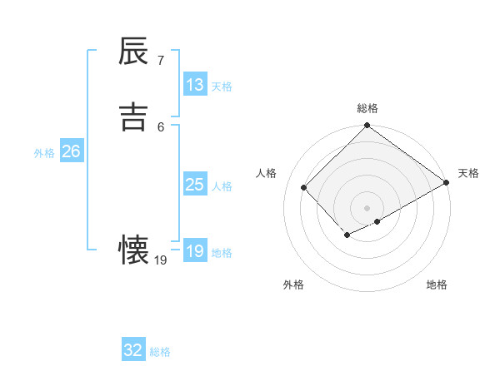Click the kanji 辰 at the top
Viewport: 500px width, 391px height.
(133, 53)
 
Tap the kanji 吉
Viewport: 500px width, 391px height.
(133, 116)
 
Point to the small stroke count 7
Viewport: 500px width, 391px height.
(160, 61)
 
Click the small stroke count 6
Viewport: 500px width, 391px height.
(160, 126)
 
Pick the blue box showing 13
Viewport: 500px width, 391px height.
(195, 85)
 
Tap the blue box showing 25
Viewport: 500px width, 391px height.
(195, 185)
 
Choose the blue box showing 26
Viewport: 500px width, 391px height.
(72, 151)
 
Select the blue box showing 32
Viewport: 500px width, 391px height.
(133, 350)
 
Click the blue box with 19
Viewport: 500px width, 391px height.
(195, 251)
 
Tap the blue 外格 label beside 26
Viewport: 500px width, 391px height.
(44, 153)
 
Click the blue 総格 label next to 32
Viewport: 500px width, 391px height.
(160, 352)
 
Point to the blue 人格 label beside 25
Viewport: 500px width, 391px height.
(222, 186)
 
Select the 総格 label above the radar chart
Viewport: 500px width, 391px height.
(367, 108)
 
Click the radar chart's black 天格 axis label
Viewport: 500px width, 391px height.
(468, 173)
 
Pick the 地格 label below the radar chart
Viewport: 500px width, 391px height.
(437, 285)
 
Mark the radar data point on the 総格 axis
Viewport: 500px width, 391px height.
(367, 126)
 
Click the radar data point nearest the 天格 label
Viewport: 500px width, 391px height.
(447, 183)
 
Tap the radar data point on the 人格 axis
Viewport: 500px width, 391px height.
(304, 187)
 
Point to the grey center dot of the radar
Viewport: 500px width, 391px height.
(367, 208)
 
